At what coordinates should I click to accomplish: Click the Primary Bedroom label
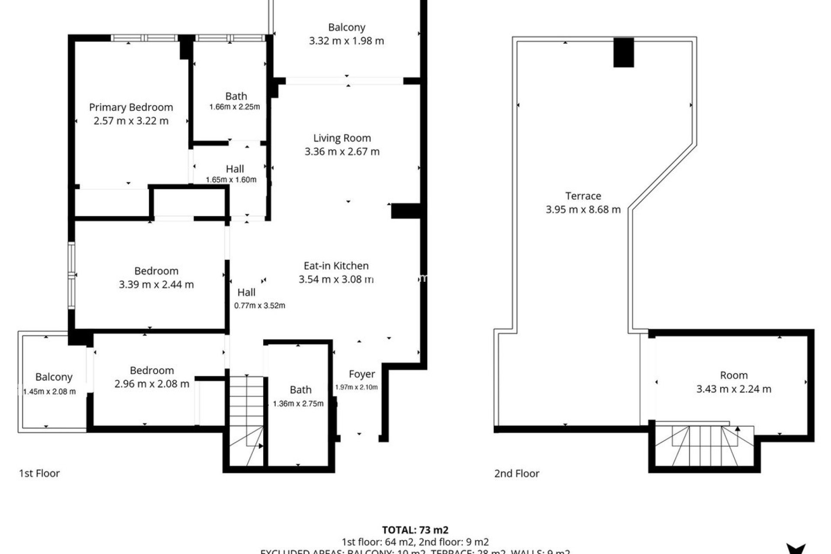[131, 107]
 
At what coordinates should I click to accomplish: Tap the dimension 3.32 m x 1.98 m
[346, 41]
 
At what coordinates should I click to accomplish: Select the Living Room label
[342, 138]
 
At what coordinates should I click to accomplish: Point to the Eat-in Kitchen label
[336, 266]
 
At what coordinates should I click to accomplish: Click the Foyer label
[362, 374]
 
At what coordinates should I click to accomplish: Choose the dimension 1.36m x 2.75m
[298, 404]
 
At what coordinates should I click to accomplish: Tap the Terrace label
[583, 196]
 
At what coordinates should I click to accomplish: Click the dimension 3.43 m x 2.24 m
[734, 389]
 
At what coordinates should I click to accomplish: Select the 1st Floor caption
[39, 473]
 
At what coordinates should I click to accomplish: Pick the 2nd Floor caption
[517, 473]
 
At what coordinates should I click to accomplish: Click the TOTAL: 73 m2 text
[415, 530]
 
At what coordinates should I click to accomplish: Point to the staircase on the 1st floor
[246, 420]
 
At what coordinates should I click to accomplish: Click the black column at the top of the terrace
[623, 52]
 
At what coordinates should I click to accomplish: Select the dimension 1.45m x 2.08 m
[49, 392]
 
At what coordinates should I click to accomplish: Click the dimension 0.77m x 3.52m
[260, 306]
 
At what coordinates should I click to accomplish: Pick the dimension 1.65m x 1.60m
[231, 180]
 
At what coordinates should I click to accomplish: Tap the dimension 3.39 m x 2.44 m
[156, 284]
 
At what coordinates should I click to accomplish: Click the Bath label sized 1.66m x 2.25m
[236, 96]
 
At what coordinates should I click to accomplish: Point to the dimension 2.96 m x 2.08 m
[152, 384]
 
